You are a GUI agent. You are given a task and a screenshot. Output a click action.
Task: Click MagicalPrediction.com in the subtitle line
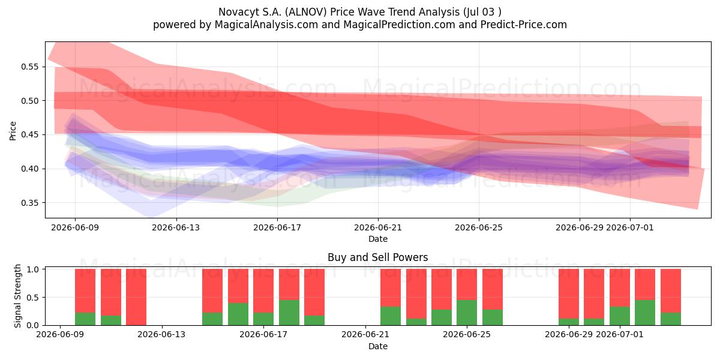[399, 25]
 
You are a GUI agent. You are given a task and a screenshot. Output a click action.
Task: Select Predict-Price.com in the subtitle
[524, 25]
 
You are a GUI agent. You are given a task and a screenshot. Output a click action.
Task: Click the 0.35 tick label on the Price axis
[29, 203]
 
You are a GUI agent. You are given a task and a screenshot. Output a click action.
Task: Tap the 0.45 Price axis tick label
[29, 134]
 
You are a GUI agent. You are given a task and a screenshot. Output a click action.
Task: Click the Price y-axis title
[13, 131]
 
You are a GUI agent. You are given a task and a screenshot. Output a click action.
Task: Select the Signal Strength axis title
[17, 296]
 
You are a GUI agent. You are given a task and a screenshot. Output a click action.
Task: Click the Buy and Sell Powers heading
[377, 257]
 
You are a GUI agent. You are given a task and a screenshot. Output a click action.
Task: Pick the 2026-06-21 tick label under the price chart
[378, 227]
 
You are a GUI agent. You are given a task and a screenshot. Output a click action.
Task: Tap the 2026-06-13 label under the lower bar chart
[161, 335]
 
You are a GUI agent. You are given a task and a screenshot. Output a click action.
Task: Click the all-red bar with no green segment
[136, 297]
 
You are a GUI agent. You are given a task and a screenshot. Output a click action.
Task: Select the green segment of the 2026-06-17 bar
[263, 319]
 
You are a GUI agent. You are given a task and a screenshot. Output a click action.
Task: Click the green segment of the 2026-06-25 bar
[467, 313]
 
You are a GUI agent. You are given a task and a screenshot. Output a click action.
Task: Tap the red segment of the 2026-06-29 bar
[569, 294]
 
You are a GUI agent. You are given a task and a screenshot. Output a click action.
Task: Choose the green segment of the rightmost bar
[671, 319]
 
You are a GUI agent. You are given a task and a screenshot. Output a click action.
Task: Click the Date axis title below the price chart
[378, 239]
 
